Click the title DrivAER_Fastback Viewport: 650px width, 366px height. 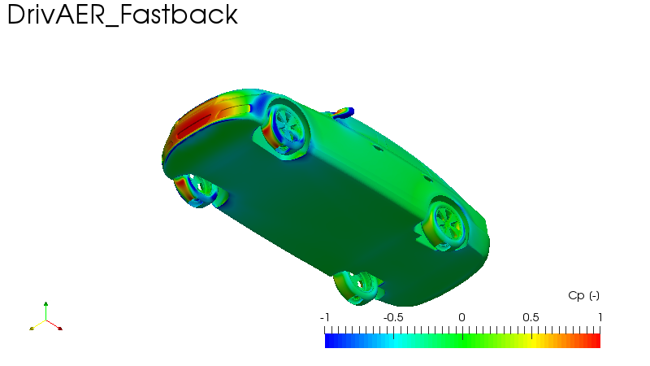[123, 15]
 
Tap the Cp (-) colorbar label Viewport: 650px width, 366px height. [583, 296]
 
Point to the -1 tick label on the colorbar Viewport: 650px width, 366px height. [324, 317]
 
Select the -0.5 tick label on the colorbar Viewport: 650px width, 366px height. [393, 317]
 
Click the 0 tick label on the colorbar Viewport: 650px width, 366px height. [462, 317]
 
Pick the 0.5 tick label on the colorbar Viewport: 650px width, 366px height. [531, 317]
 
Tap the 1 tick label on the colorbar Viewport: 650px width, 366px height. [600, 317]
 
